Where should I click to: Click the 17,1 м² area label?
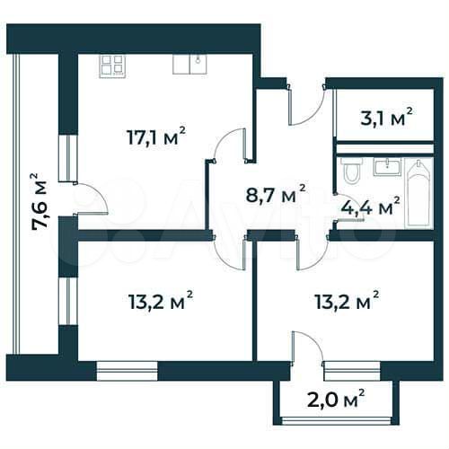click(x=155, y=136)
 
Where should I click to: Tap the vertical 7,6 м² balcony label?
click(x=39, y=201)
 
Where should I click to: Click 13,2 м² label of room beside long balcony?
click(x=162, y=299)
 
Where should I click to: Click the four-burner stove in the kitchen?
click(x=112, y=64)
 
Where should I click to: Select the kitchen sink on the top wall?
click(x=189, y=63)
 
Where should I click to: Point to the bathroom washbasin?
click(x=387, y=166)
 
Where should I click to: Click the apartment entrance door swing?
click(x=304, y=106)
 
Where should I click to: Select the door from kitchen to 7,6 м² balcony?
click(x=90, y=198)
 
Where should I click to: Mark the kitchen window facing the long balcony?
click(x=64, y=159)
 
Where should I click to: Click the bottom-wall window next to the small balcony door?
click(x=352, y=366)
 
